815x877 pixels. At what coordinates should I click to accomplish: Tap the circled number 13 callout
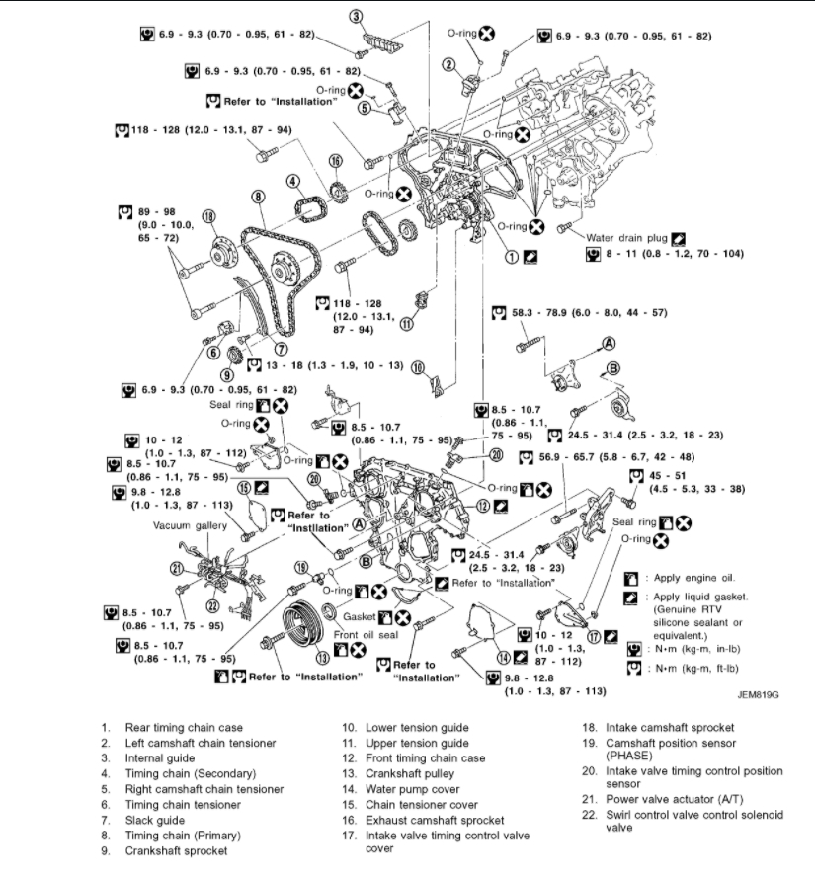(x=322, y=657)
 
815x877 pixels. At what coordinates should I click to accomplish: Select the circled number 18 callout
(x=208, y=217)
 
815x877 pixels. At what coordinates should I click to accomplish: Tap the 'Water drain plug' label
(x=626, y=238)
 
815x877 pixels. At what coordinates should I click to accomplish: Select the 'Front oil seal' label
(x=360, y=635)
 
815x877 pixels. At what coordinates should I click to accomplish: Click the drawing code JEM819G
(x=759, y=694)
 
